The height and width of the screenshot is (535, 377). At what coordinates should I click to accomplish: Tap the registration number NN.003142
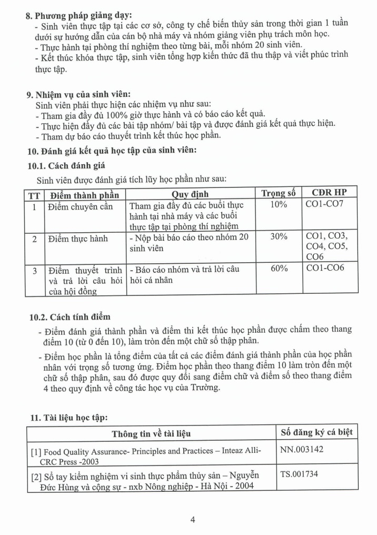coord(302,451)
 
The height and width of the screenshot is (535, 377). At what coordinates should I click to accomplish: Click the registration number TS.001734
coord(300,474)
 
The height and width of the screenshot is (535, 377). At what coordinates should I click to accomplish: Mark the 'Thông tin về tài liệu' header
coord(151,433)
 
